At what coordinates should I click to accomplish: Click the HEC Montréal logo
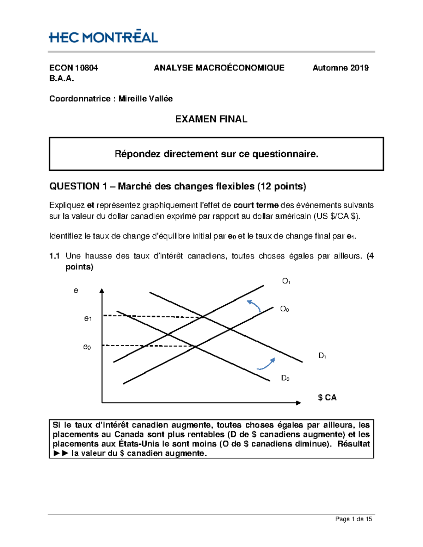[103, 37]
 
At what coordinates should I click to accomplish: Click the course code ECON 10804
[73, 68]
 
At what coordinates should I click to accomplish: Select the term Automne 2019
[340, 68]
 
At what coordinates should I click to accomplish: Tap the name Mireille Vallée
[145, 99]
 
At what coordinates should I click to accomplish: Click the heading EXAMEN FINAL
[211, 119]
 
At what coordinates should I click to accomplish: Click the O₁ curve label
[286, 281]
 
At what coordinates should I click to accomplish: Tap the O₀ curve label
[284, 309]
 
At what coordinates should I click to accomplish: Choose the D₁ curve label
[322, 356]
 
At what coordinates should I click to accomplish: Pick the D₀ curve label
[285, 378]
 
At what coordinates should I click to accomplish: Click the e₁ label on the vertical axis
[88, 318]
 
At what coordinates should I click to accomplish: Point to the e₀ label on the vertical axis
[87, 347]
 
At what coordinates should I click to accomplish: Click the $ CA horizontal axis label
[327, 398]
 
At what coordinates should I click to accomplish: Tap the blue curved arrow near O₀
[254, 305]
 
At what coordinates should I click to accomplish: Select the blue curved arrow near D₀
[266, 364]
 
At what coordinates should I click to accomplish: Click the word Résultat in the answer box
[353, 444]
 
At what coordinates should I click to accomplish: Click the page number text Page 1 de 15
[353, 519]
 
